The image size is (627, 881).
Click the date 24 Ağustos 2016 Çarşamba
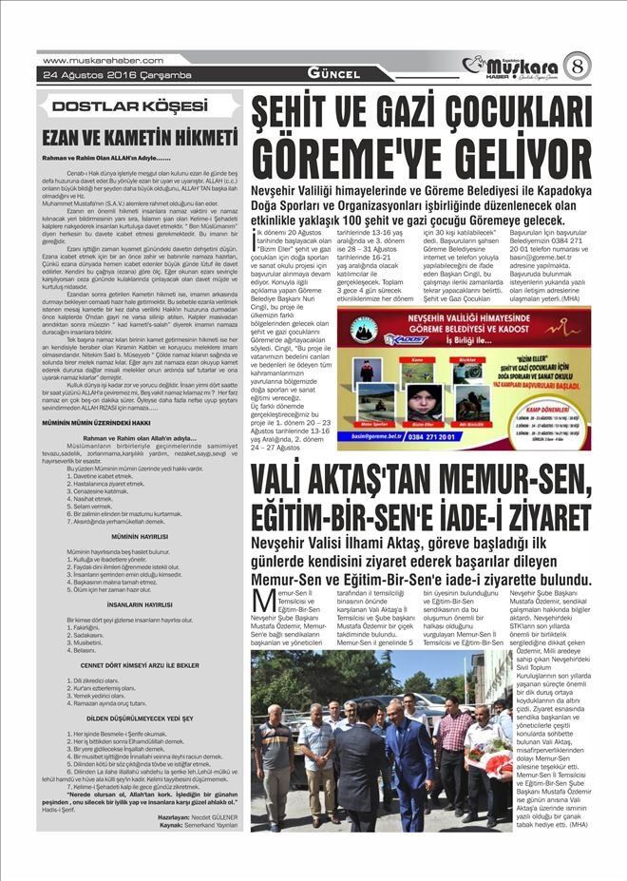[104, 74]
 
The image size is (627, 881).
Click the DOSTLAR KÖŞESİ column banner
[129, 105]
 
